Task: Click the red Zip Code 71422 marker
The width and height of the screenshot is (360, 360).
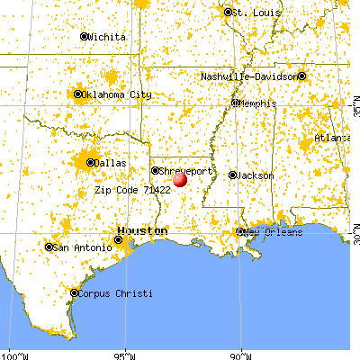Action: tap(179, 180)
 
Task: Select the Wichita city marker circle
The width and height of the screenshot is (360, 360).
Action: tap(85, 37)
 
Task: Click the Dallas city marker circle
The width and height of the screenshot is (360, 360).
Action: tap(90, 163)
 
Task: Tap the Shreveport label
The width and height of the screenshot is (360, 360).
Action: tap(187, 169)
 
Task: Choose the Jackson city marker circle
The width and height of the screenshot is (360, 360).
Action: tap(232, 175)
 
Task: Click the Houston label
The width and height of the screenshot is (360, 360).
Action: tap(144, 231)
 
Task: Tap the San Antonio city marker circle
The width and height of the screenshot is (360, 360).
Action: tap(49, 247)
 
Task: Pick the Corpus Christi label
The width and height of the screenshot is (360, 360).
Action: tap(114, 293)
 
